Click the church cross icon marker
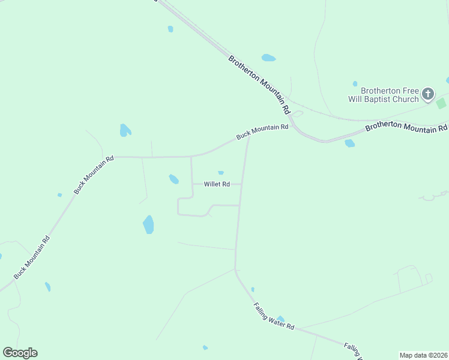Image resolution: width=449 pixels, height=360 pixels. pos(427,93)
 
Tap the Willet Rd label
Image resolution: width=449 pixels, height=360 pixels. pos(217,184)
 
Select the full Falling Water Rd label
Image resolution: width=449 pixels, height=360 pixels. pos(274,316)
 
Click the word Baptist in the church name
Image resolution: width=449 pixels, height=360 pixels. pos(394,99)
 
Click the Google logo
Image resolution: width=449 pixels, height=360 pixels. pos(20,353)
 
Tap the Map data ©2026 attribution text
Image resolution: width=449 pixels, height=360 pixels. pos(424,355)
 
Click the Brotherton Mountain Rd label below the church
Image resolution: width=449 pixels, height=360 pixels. pos(406,127)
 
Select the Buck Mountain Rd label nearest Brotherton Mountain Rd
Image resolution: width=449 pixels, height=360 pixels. pos(262,132)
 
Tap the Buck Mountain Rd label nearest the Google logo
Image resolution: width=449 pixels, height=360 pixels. pos(32,257)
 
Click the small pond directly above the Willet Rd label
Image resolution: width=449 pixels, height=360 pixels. pos(221,173)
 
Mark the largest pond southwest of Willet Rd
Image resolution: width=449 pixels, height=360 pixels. pos(148,224)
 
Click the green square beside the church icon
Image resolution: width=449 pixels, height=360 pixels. pos(441,103)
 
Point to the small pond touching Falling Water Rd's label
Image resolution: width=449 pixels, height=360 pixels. pos(280,319)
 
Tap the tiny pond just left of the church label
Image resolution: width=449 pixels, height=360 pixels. pos(355,83)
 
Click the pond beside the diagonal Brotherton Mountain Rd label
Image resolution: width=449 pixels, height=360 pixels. pos(268,58)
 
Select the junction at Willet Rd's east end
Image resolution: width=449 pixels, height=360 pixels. pos(242,184)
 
